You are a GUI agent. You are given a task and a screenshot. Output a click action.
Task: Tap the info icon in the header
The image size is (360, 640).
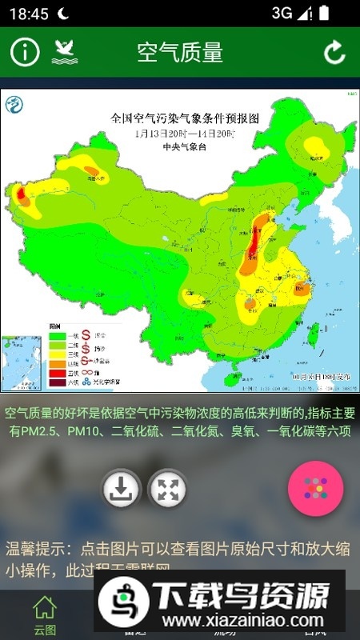point(25,52)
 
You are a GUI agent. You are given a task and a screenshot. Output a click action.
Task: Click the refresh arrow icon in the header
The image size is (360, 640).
point(334,52)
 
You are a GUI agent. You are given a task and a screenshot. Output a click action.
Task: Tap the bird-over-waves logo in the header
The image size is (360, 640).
point(65,52)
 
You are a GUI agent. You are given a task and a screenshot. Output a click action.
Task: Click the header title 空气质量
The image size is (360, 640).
point(179,52)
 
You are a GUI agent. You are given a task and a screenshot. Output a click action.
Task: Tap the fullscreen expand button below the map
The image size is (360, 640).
point(167,489)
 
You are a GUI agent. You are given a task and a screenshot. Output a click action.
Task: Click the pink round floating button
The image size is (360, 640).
point(315,488)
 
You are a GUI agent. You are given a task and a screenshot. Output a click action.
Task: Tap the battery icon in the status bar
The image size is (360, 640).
point(322,13)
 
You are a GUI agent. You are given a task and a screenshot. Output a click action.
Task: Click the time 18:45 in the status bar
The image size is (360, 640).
point(29,14)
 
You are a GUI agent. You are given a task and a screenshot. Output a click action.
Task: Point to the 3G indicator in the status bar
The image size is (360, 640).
point(282,13)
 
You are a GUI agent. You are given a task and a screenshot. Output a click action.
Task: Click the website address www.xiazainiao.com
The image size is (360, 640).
point(238,621)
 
